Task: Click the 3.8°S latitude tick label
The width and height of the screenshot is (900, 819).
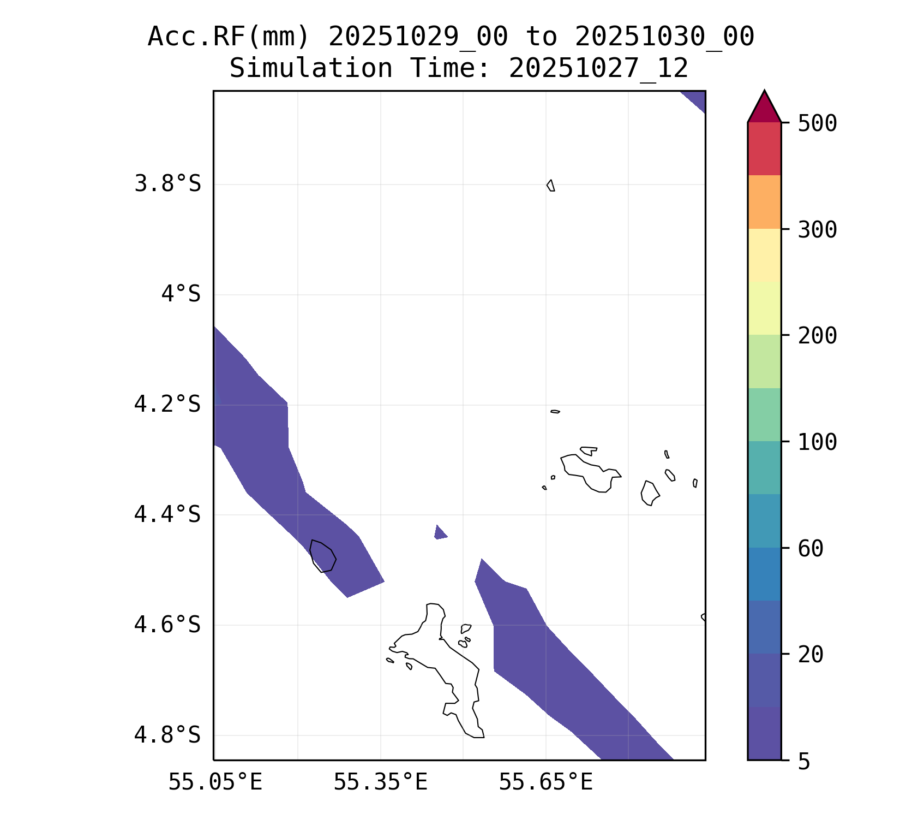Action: click(x=167, y=184)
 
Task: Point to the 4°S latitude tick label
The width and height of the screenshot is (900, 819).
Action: click(x=181, y=294)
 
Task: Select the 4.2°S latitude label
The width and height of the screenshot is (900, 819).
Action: click(x=167, y=405)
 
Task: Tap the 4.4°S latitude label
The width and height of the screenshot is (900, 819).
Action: click(x=167, y=514)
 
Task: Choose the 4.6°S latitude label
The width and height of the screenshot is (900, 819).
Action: click(x=167, y=625)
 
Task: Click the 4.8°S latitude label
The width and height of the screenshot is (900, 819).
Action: click(x=167, y=735)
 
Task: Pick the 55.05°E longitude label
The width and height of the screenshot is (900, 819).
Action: click(x=215, y=782)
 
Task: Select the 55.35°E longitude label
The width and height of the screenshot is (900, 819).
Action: click(x=380, y=782)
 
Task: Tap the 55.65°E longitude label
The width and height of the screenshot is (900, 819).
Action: click(x=545, y=782)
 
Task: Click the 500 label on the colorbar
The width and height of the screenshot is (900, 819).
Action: click(x=817, y=123)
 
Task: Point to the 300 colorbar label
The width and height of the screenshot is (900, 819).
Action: click(x=817, y=230)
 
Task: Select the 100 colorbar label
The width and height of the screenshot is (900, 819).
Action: click(x=817, y=442)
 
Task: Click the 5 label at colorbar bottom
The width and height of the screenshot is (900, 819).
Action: click(x=803, y=762)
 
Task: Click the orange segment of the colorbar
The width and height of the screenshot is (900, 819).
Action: click(x=764, y=202)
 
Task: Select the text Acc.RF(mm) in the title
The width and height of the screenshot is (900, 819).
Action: click(x=229, y=37)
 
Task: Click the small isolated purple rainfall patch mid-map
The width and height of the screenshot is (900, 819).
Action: click(x=440, y=533)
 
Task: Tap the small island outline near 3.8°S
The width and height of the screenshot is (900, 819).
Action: click(x=551, y=186)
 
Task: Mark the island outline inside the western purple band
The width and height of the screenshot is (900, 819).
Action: click(x=322, y=556)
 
